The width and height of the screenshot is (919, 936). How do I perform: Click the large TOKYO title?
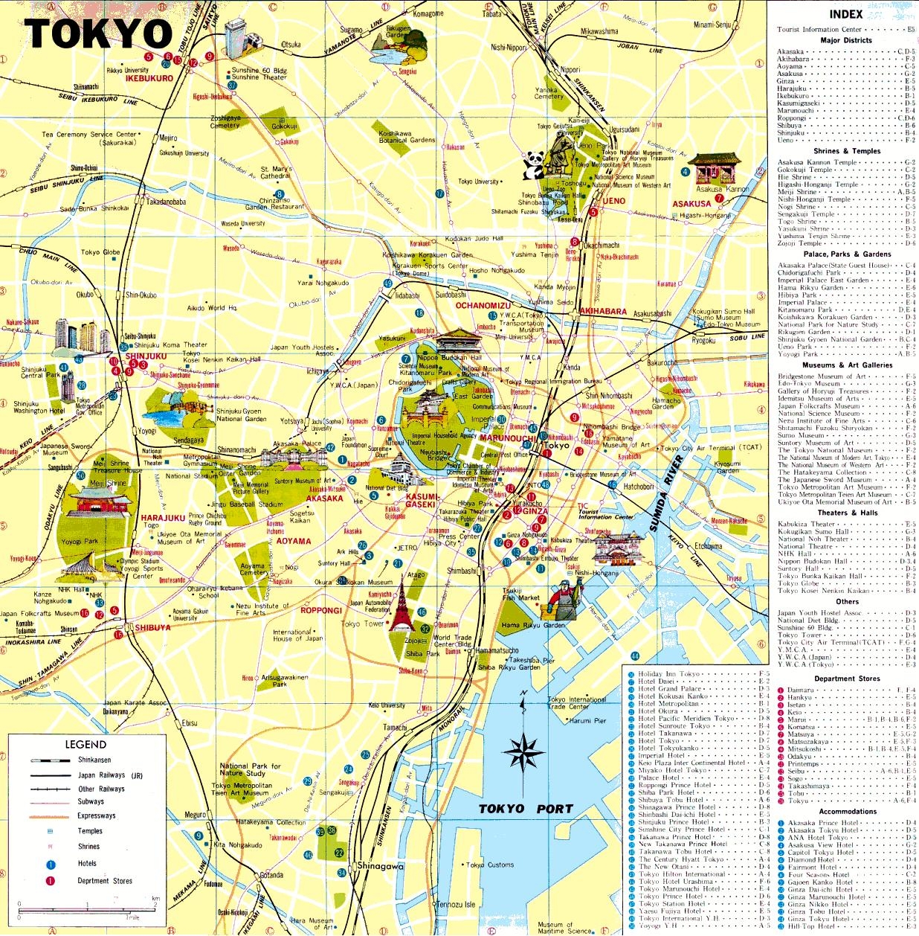coord(98,33)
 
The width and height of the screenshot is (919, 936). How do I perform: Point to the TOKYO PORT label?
coord(526,809)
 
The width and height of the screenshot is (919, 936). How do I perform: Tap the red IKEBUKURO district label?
coord(149,78)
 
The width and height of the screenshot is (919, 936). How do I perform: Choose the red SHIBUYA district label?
coord(152,627)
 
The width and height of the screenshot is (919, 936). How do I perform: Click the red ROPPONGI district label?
coord(321,611)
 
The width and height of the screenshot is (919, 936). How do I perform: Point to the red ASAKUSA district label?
coord(691,204)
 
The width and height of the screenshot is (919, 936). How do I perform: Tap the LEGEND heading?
coord(86,744)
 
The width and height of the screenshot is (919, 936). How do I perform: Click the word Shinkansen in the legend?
coord(94,760)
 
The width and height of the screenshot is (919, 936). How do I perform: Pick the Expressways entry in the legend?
coord(97,815)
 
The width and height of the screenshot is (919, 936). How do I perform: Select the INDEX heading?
coord(846,14)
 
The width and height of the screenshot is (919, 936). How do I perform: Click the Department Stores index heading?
coord(847,679)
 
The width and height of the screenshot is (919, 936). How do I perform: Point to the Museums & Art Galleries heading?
coord(847,365)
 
